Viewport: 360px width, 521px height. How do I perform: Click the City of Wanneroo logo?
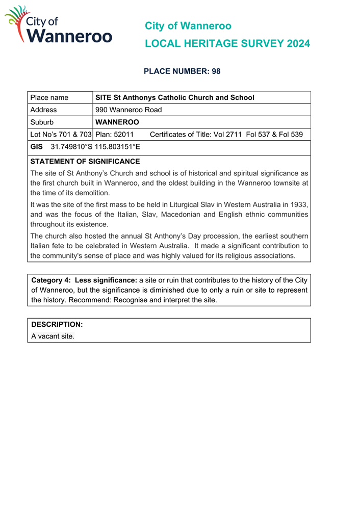coord(58,25)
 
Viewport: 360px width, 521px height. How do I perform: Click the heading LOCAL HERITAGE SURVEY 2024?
coord(227,44)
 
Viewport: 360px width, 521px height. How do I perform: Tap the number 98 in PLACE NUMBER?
coord(216,71)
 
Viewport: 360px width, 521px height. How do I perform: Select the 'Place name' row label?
coord(49,97)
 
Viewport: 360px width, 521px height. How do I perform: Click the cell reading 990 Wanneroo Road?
coord(128,110)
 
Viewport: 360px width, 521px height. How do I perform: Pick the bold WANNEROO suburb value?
coord(117,122)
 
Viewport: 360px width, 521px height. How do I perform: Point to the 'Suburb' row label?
coord(42,122)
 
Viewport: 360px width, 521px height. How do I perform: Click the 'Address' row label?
coord(43,110)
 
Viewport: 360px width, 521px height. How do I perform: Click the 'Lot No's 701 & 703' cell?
coord(61,135)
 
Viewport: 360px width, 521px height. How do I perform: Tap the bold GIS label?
coord(36,147)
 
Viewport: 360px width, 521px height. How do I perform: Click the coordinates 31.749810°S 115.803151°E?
coord(95,147)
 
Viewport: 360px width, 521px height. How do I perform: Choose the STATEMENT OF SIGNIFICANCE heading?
coord(85,162)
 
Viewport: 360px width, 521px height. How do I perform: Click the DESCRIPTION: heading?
coord(57,324)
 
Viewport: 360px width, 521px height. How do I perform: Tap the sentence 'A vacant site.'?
coord(53,336)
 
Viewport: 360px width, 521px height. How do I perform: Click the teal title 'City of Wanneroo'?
coord(188,26)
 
